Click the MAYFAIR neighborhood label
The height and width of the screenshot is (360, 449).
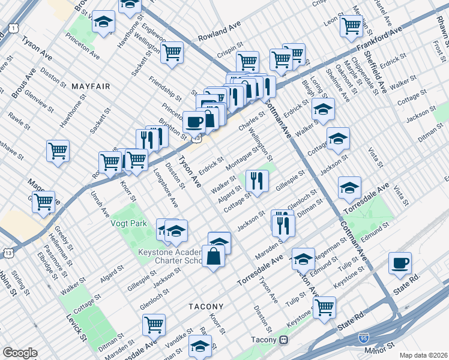point(91,86)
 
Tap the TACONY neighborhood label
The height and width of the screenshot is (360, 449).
point(206,306)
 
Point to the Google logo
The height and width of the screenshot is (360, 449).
point(19,353)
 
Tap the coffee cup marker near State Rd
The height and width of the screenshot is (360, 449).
point(400,263)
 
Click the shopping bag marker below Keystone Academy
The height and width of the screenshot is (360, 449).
point(214,257)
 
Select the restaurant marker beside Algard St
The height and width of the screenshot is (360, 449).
point(257,181)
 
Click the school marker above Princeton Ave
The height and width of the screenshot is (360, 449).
point(104,24)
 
